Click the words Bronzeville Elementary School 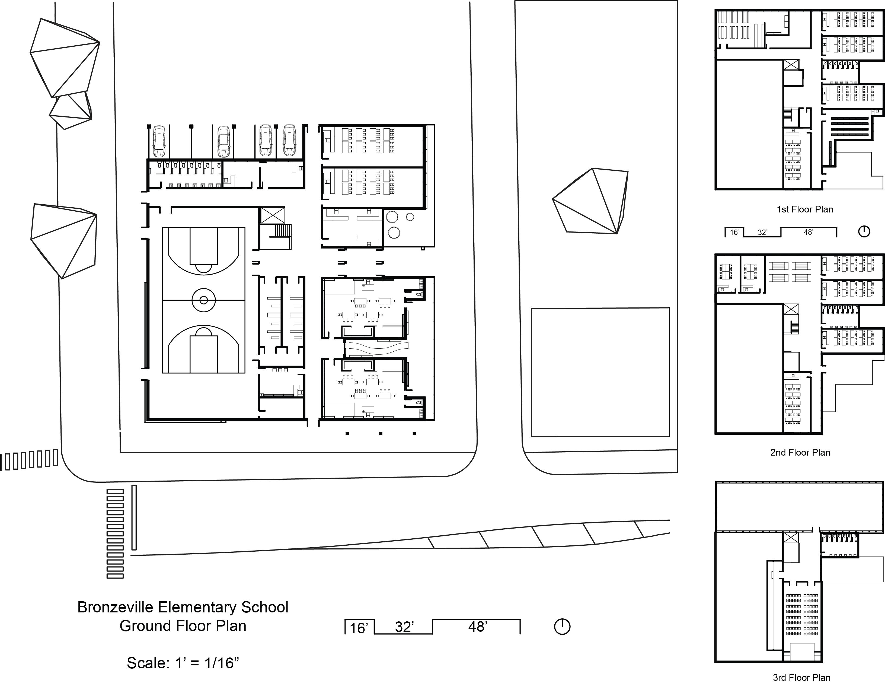click(x=183, y=607)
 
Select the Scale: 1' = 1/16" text click(x=183, y=663)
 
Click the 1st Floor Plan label click(x=804, y=209)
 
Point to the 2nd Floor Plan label click(x=800, y=452)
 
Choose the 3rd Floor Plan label click(x=801, y=678)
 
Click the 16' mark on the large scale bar click(x=359, y=628)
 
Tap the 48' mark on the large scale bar click(x=478, y=626)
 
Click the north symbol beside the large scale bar click(x=562, y=627)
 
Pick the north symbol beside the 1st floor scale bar click(x=864, y=231)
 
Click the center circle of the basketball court click(x=204, y=300)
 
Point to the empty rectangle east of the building click(x=600, y=372)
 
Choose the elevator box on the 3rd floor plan click(x=791, y=538)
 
